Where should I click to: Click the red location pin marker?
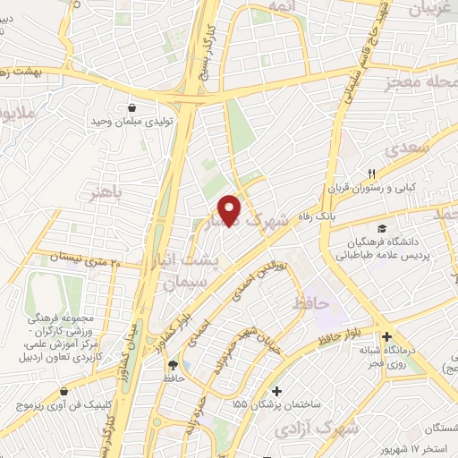(x=231, y=209)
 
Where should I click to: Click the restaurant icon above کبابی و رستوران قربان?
(x=374, y=173)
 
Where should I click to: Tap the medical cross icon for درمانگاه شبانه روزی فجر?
(x=385, y=327)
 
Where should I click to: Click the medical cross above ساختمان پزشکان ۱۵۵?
(x=277, y=391)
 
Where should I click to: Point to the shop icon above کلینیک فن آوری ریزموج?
(x=64, y=392)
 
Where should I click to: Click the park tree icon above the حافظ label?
(x=173, y=365)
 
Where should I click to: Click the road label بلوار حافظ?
(x=339, y=341)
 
